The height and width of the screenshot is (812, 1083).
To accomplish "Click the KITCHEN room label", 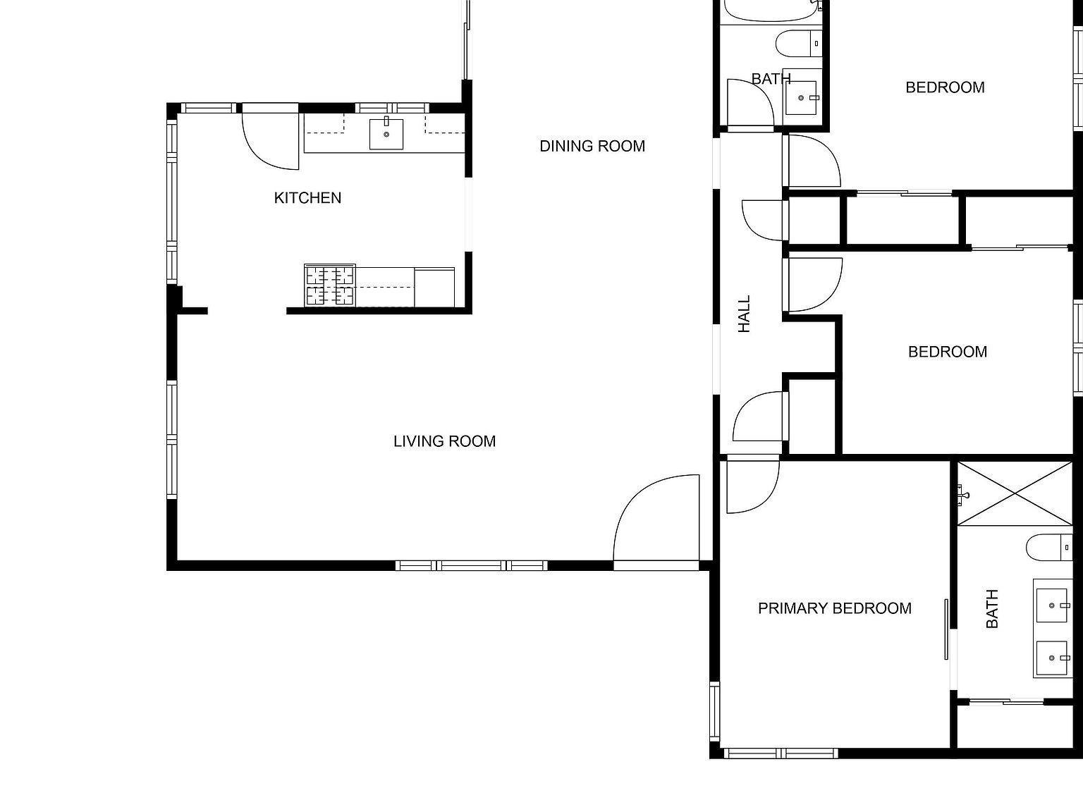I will coord(307,198).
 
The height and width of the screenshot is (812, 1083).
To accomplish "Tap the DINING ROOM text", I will coord(592,146).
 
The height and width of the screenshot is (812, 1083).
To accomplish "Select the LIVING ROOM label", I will coord(444,441).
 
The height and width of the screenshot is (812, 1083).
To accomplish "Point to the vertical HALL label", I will coord(744,314).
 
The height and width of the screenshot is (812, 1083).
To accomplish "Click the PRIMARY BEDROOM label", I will coord(834,608).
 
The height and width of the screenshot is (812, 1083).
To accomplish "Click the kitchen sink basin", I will coord(386,134).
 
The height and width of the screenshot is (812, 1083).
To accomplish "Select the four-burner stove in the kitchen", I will coord(329,285).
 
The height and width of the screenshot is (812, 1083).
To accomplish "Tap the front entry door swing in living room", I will coord(656,522).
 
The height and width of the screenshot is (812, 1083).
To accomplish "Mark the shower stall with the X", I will coord(1014,493).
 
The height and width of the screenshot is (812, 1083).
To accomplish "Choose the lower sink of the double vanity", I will coord(1053,658).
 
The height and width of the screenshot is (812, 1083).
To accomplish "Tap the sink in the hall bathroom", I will coord(802,98).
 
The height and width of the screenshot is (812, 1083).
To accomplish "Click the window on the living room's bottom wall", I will coord(471,565).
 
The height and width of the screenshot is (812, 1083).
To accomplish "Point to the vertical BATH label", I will coord(992,609).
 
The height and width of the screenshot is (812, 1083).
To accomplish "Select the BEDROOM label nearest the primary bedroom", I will coord(947,352).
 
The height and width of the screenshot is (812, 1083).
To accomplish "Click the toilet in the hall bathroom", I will coord(798,44).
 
